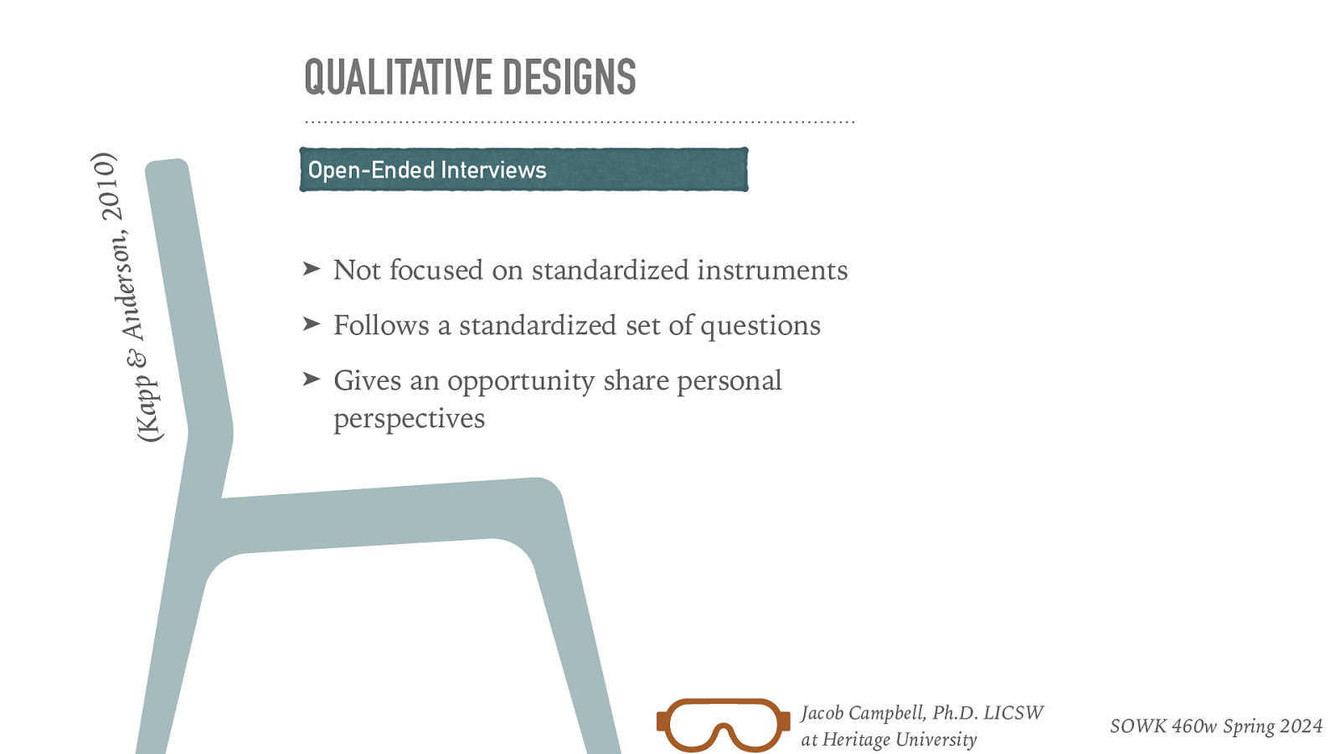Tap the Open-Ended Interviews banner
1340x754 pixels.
coord(523,170)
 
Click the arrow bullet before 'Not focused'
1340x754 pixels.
coord(312,269)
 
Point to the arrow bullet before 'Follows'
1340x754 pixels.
coord(312,324)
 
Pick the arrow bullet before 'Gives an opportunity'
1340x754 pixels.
coord(312,380)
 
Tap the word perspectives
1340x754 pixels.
coord(409,418)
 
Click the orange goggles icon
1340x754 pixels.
coord(723,725)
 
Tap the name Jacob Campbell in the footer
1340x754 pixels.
coord(863,713)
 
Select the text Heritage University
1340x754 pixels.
coord(899,740)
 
